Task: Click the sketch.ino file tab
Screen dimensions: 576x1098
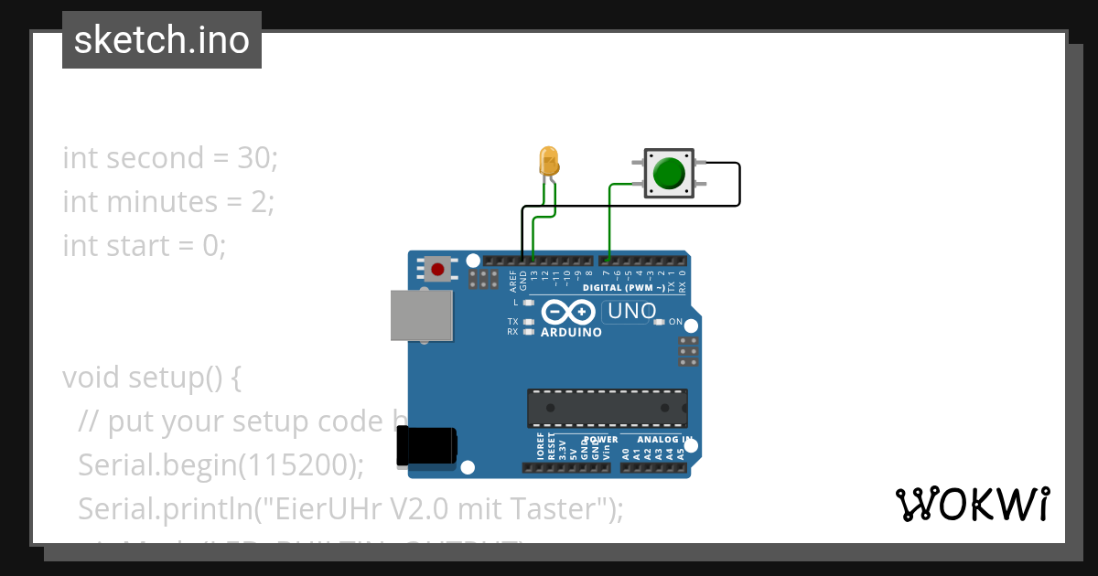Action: click(x=162, y=40)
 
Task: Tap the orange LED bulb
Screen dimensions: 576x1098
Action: click(x=549, y=162)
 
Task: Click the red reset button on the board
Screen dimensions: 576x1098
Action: click(x=437, y=269)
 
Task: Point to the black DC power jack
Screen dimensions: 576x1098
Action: click(x=425, y=447)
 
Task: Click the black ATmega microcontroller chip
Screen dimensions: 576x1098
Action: click(x=607, y=408)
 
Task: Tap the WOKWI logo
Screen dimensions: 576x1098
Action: click(x=972, y=504)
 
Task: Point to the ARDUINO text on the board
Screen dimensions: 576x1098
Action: click(x=571, y=333)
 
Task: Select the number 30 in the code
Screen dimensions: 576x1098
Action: click(x=255, y=158)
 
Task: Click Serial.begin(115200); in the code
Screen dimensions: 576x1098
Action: click(x=221, y=465)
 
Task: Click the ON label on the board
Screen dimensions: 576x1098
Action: click(x=675, y=322)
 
